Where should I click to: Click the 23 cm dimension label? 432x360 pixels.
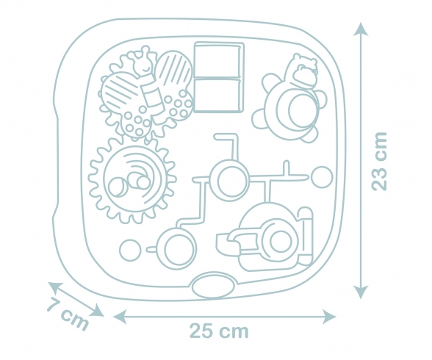point(380,161)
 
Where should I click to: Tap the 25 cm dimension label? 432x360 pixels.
point(219,331)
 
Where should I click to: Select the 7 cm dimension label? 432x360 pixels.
point(67,314)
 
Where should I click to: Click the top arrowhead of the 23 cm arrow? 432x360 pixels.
point(361,29)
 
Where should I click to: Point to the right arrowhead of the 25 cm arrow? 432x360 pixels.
point(329,317)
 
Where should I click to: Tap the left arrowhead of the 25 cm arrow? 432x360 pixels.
point(120,317)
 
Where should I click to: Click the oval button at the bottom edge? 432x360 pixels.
point(213,286)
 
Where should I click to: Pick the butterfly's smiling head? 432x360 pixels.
point(143,64)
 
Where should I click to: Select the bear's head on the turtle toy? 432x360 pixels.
point(303,70)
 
